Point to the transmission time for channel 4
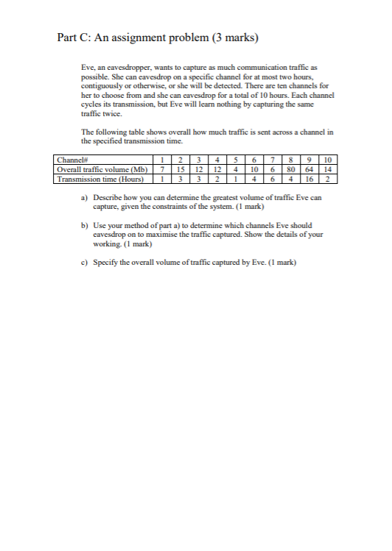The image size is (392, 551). [x=219, y=177]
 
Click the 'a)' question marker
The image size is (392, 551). [x=85, y=196]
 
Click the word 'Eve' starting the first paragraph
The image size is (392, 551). [x=87, y=66]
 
